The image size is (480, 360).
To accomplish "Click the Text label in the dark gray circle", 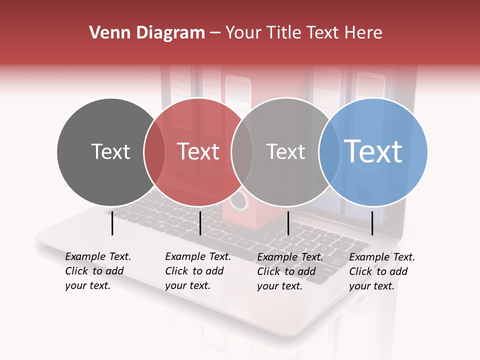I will point(110,152).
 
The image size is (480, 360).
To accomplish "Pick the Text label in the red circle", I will point(198,152).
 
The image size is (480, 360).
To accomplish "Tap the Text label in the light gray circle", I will point(285,152).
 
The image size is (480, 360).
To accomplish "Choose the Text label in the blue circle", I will point(373,151).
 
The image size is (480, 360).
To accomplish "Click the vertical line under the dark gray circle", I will point(112,223).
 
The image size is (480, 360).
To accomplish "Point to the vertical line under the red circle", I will point(200,223).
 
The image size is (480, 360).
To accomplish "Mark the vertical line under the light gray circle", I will point(288,223).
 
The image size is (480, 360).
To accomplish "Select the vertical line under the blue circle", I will point(372,223).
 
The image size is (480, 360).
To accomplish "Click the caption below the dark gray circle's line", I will point(98,271).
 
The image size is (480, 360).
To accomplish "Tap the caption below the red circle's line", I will point(198,271).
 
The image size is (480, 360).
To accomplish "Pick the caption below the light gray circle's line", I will point(290,271).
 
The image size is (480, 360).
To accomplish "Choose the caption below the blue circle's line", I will point(382,271).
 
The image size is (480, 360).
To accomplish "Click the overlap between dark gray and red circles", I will point(154,152).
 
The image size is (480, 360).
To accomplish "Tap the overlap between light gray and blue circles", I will point(329,152).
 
